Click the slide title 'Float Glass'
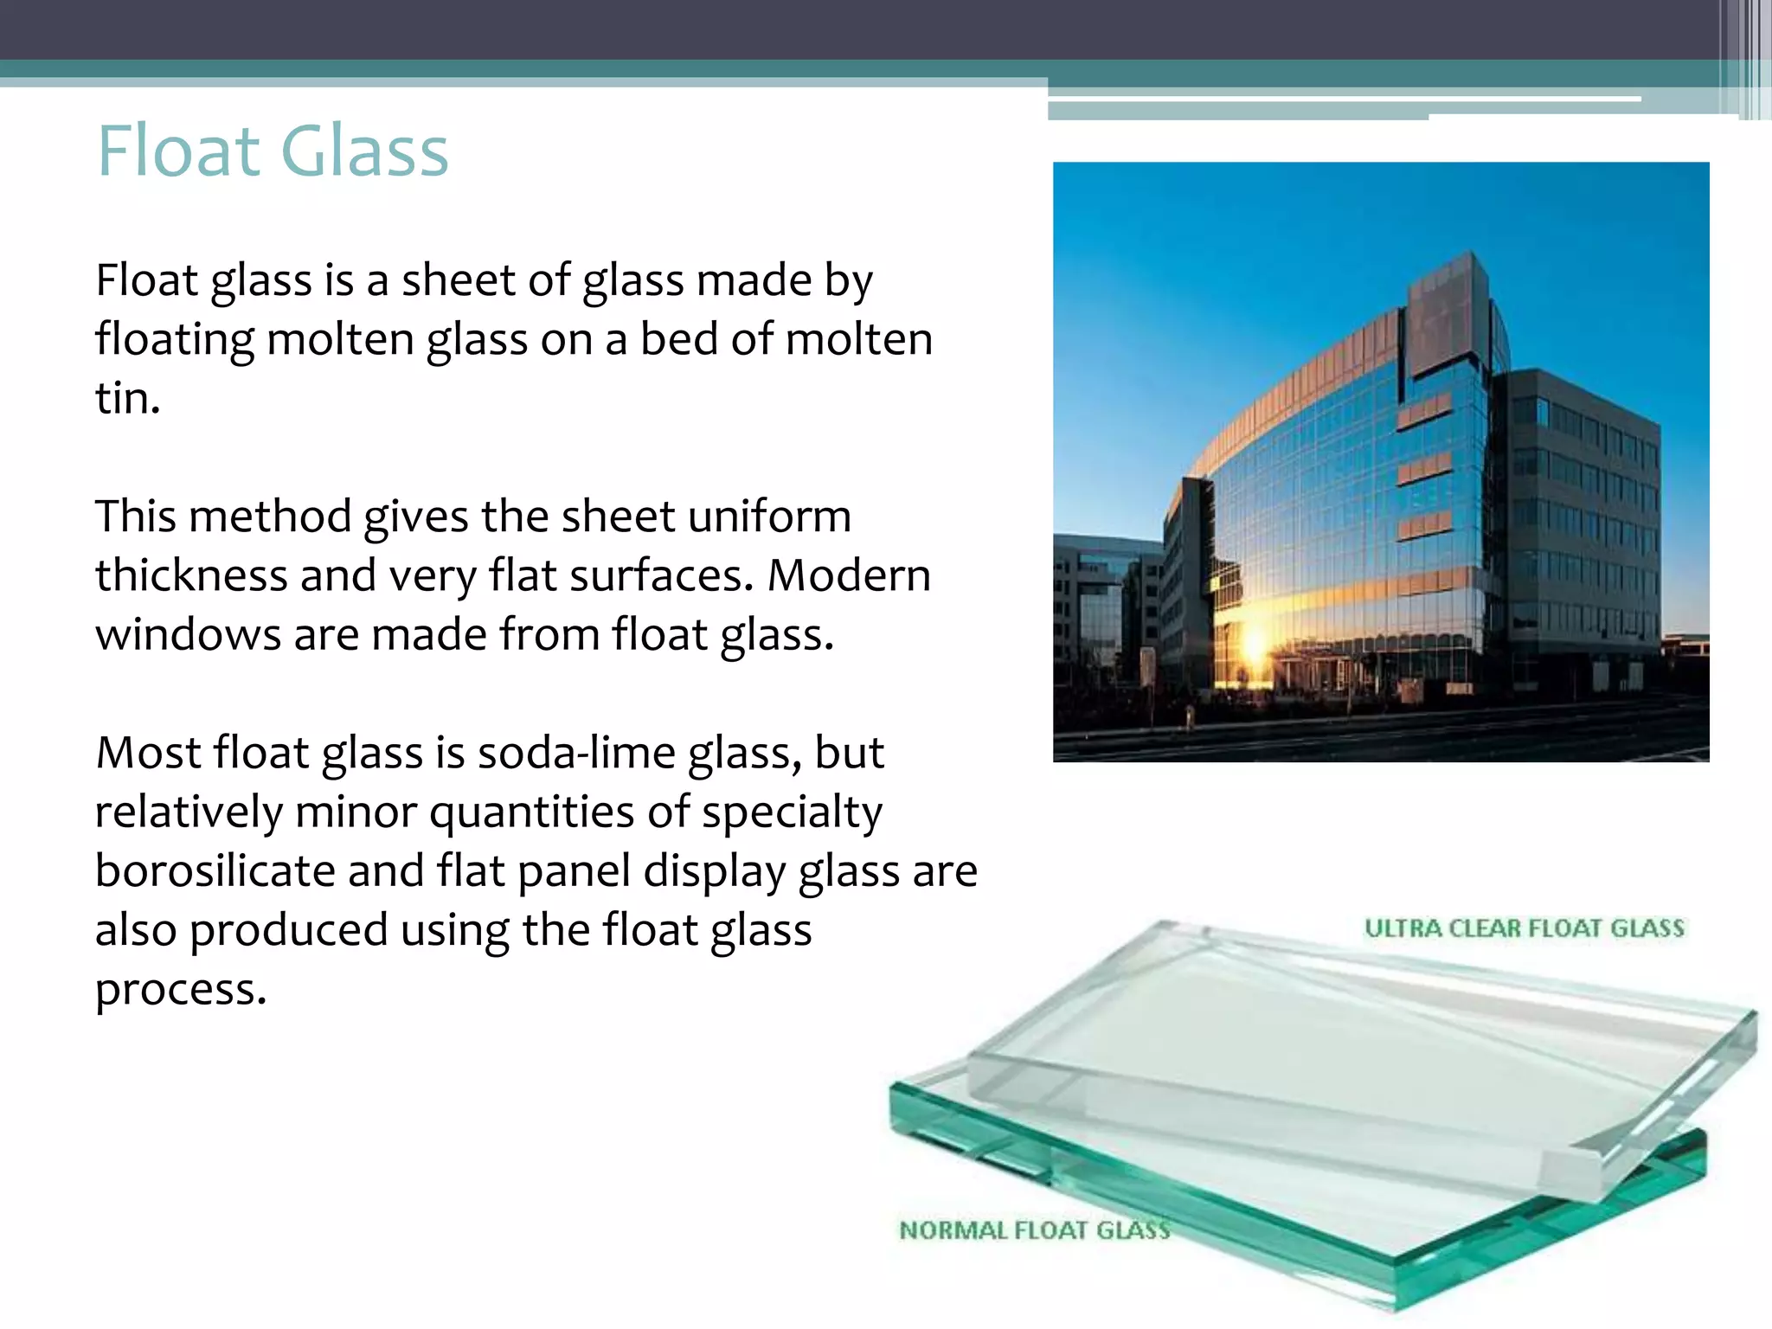point(273,151)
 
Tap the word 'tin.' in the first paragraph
point(127,399)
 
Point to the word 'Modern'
point(849,575)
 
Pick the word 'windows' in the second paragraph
point(188,634)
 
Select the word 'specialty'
point(792,812)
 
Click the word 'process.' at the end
point(181,989)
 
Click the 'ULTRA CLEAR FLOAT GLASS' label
point(1525,928)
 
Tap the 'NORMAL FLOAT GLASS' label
point(1035,1229)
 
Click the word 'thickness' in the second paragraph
point(190,575)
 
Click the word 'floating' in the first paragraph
point(174,339)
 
